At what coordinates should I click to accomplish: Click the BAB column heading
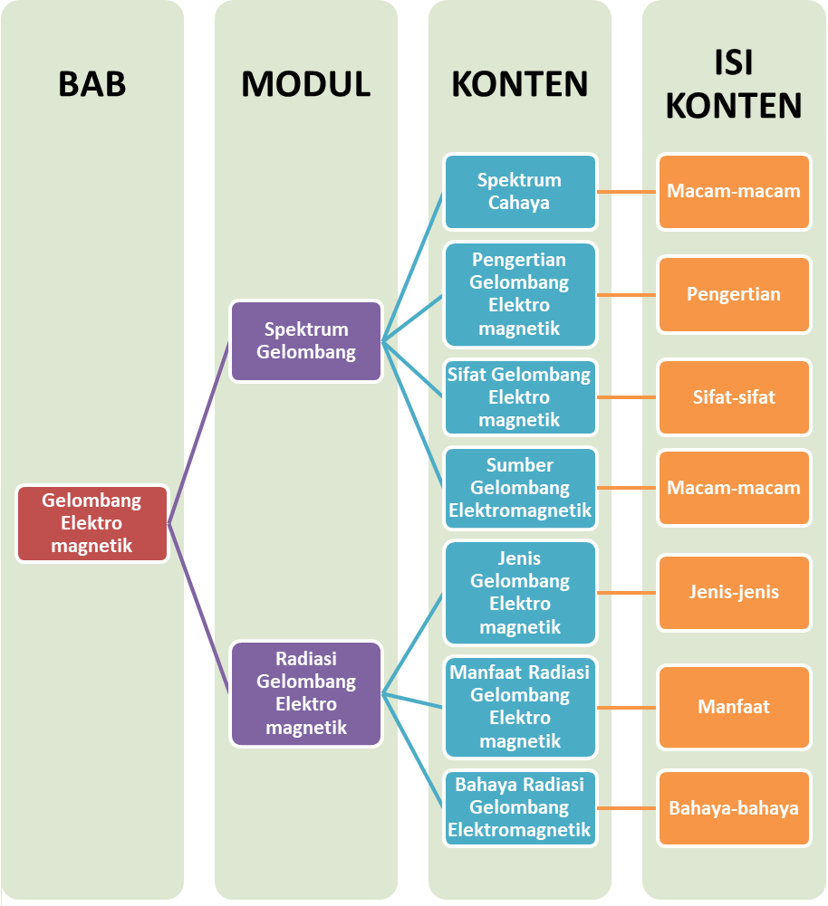pos(91,83)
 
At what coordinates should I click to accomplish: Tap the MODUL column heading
pos(305,83)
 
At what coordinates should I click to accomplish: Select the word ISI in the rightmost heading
pos(734,63)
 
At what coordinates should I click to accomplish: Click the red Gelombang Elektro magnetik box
pos(91,523)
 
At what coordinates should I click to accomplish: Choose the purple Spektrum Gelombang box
pos(306,341)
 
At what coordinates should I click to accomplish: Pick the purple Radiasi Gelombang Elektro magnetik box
pos(306,693)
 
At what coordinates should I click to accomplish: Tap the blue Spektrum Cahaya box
pos(519,192)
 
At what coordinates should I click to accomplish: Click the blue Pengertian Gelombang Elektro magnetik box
pos(519,294)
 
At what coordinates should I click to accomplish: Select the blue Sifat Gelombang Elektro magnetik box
pos(519,397)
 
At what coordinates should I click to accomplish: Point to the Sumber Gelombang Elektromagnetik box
pos(519,488)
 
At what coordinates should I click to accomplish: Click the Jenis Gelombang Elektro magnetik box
pos(519,593)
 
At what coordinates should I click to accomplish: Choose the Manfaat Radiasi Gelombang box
pos(519,707)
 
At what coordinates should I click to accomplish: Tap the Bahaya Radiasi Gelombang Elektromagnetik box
pos(519,807)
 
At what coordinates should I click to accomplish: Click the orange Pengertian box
pos(734,294)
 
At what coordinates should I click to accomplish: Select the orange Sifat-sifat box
pos(734,397)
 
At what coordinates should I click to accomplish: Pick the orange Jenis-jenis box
pos(734,593)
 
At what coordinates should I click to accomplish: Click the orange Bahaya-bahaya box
pos(734,808)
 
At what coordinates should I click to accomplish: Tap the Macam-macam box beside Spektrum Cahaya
pos(734,192)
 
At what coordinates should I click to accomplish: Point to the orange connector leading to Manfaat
pos(627,707)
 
